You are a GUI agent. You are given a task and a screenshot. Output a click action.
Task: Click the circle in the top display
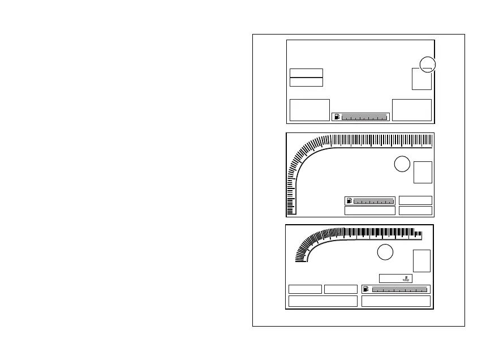[x=428, y=65]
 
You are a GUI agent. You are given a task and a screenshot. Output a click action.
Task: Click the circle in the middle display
[x=401, y=164]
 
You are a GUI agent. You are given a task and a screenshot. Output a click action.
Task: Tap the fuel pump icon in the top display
[x=337, y=117]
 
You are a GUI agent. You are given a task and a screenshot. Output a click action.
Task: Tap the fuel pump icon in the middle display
[x=350, y=201]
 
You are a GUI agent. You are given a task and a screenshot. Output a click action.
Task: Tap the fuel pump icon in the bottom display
[x=367, y=289]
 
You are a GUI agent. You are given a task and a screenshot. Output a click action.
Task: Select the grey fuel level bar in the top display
[x=364, y=117]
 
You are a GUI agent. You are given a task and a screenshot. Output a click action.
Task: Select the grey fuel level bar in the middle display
[x=373, y=201]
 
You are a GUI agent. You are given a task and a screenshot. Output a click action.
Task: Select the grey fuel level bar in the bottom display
[x=399, y=289]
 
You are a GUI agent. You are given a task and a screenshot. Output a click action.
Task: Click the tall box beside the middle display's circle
[x=423, y=172]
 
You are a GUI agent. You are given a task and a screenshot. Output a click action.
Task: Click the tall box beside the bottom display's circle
[x=421, y=260]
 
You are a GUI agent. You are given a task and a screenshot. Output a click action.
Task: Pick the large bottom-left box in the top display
[x=309, y=110]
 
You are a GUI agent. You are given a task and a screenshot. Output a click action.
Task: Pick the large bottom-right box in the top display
[x=411, y=110]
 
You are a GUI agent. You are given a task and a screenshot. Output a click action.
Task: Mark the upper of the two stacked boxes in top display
[x=306, y=73]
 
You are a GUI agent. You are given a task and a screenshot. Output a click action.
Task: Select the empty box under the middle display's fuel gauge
[x=369, y=211]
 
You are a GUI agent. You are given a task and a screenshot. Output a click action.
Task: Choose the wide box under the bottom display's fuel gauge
[x=395, y=301]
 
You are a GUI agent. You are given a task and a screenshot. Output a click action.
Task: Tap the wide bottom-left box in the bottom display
[x=322, y=301]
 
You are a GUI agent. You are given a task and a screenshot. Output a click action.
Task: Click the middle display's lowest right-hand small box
[x=415, y=211]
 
